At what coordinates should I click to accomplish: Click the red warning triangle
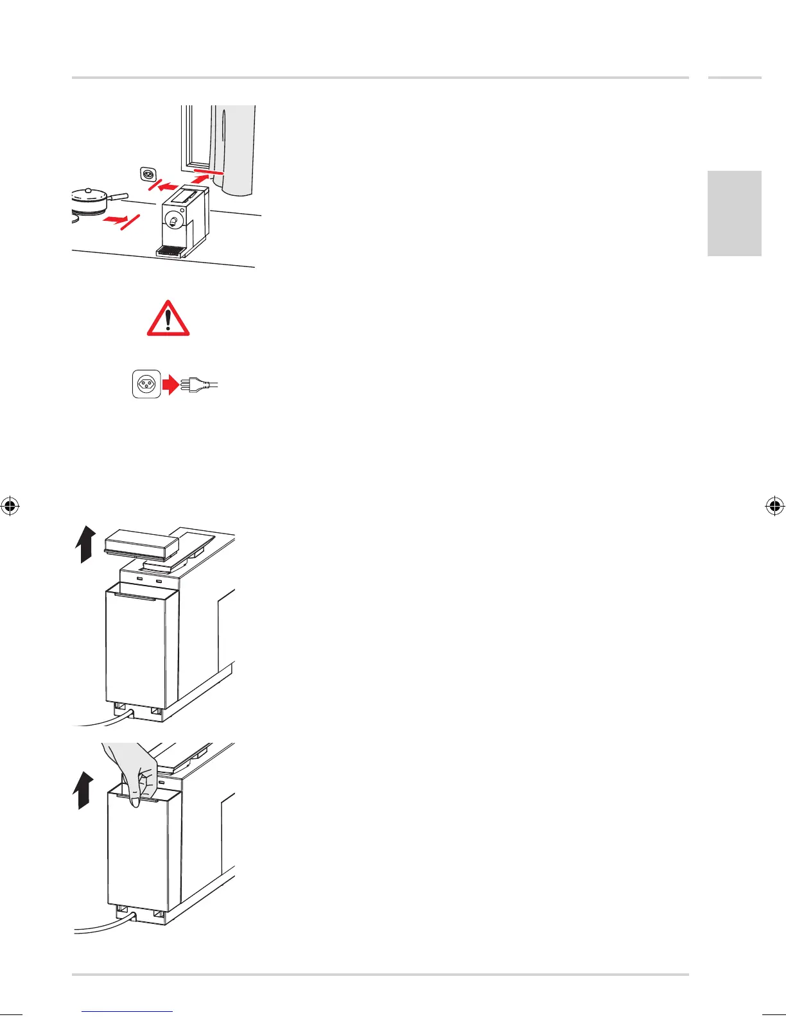pyautogui.click(x=168, y=318)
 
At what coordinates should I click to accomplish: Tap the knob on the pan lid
pyautogui.click(x=87, y=191)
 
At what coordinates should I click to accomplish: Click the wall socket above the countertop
pyautogui.click(x=146, y=173)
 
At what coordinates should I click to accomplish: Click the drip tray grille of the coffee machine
pyautogui.click(x=170, y=251)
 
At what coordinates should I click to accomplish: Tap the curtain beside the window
pyautogui.click(x=238, y=148)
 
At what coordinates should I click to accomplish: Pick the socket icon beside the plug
pyautogui.click(x=146, y=384)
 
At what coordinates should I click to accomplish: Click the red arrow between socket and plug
pyautogui.click(x=170, y=385)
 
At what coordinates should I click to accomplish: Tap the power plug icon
pyautogui.click(x=196, y=385)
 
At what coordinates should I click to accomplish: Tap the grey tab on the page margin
pyautogui.click(x=735, y=213)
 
